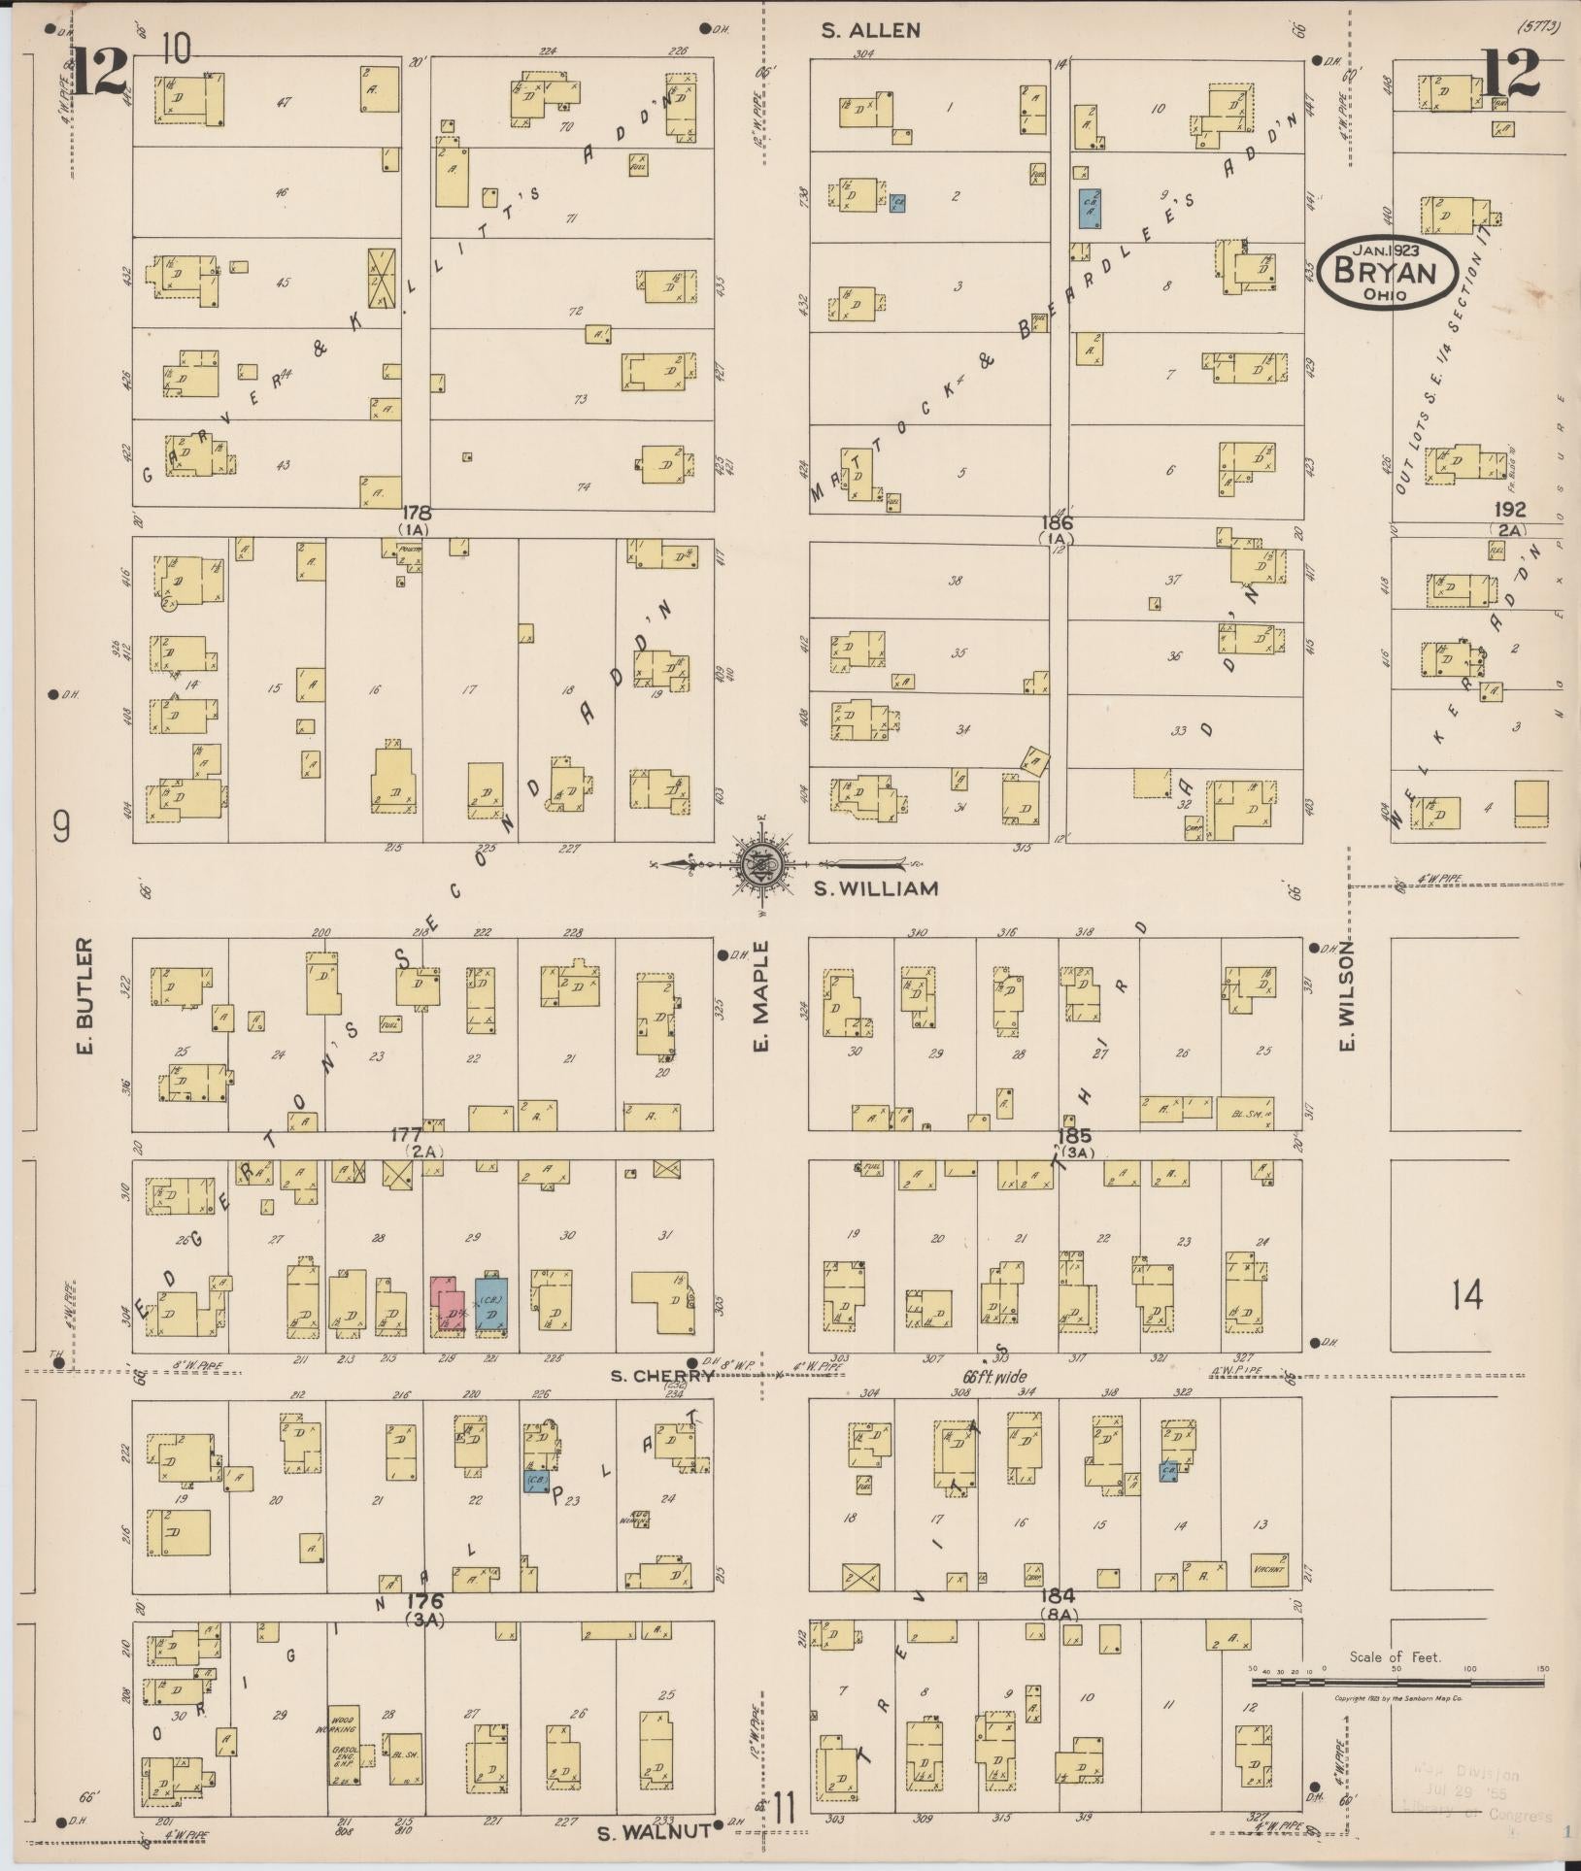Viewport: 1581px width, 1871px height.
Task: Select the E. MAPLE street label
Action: coord(760,996)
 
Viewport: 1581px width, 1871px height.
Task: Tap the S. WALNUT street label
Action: coord(651,1832)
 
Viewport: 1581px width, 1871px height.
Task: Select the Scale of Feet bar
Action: coord(1396,1683)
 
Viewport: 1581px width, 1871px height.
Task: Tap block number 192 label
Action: coord(1511,510)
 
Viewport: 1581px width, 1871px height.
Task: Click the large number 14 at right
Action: coord(1467,1294)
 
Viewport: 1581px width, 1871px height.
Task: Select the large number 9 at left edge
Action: coord(62,828)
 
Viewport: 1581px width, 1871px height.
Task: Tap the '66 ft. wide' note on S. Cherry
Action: coord(993,1377)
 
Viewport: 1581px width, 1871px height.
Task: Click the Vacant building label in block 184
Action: coord(1268,1569)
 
